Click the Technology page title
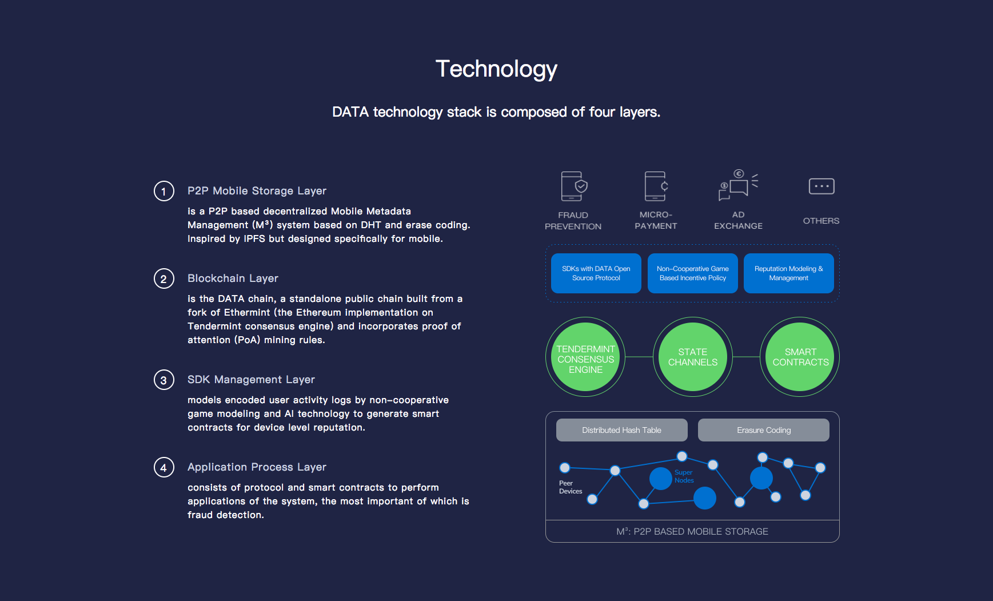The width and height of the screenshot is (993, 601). point(496,69)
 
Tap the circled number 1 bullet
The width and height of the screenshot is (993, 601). point(164,191)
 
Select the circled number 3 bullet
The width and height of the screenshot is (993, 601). point(164,380)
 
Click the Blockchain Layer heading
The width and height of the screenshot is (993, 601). point(233,278)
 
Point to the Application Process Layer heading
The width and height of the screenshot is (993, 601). point(257,467)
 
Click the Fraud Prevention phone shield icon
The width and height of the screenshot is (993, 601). point(574,186)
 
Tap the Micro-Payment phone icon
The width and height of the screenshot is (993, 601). point(656,186)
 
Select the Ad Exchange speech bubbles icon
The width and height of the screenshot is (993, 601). point(738,185)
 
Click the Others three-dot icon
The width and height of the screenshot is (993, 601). point(821,186)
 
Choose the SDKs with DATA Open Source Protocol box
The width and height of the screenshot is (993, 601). point(596,273)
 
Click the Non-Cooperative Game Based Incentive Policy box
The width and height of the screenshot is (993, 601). point(693,273)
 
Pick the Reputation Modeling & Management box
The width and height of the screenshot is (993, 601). point(789,273)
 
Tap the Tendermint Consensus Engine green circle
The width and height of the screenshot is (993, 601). point(585,357)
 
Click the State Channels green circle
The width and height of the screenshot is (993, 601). point(693,357)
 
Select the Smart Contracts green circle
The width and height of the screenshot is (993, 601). point(800,357)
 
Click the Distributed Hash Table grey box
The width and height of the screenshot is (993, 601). point(622,430)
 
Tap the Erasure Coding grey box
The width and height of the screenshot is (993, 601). point(764,430)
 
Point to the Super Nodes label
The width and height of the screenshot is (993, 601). point(684,476)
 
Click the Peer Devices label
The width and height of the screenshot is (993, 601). point(571,487)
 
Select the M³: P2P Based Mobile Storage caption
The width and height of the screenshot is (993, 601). point(692,531)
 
